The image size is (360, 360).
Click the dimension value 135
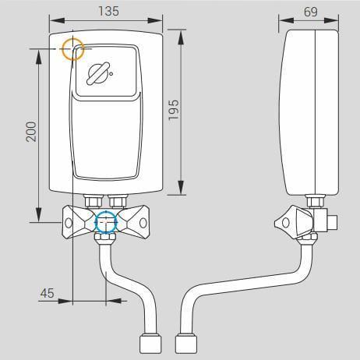click(108, 11)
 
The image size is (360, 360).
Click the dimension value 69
click(311, 12)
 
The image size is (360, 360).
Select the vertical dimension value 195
click(174, 110)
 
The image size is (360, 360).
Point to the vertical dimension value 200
click(31, 132)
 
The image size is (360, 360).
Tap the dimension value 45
click(47, 293)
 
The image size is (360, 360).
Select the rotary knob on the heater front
click(97, 73)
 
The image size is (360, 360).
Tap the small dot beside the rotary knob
click(111, 74)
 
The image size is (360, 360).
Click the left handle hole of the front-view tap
click(69, 223)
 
